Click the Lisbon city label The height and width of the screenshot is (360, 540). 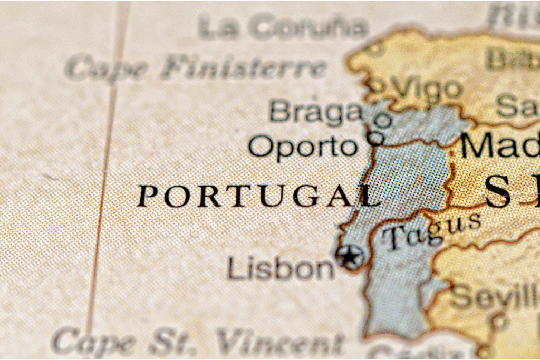[281, 268]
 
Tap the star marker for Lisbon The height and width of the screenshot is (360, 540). [350, 257]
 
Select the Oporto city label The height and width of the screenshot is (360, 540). [302, 146]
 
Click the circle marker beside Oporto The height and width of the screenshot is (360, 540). [375, 138]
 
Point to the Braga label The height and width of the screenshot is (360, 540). [315, 112]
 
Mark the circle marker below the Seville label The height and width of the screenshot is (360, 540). [498, 319]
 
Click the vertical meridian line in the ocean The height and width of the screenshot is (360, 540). [104, 179]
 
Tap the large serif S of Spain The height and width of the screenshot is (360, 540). [498, 192]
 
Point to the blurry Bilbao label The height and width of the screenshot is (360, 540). [512, 59]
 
